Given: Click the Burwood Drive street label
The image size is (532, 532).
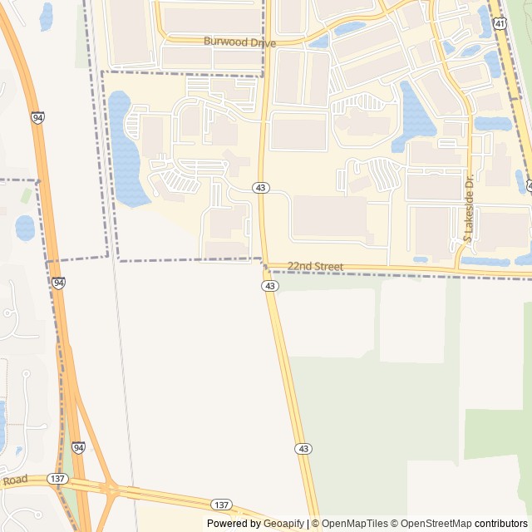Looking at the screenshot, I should pos(239,42).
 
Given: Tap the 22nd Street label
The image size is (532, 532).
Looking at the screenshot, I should pos(315,266).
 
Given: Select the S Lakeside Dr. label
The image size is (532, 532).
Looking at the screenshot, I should pos(468,218).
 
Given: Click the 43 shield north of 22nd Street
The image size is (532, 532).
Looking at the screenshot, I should pos(261,189).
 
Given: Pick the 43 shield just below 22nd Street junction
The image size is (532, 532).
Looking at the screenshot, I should pos(269,286).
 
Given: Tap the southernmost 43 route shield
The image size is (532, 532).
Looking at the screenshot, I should pos(303,449).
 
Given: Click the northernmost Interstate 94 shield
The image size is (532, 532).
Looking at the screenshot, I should pos(38,119).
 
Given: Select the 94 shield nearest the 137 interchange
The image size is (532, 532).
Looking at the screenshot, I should pos(78,448).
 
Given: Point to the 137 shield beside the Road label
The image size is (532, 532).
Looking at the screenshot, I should pos(57,479).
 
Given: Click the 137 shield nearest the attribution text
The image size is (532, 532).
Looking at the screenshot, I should pos(221,505).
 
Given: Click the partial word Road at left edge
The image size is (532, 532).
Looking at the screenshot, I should pos(14,480).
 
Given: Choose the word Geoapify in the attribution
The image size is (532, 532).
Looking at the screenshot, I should pos(283,524).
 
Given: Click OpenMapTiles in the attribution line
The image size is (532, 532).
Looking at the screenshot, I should pos(356,524).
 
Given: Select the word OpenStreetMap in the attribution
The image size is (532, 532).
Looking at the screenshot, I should pos(436,524).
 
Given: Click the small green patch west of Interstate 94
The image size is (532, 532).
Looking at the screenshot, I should pos(27,195).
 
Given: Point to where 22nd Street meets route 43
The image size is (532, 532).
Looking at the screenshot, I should pos(265,265).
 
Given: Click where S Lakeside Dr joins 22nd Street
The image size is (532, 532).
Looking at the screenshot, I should pos(458,268).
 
